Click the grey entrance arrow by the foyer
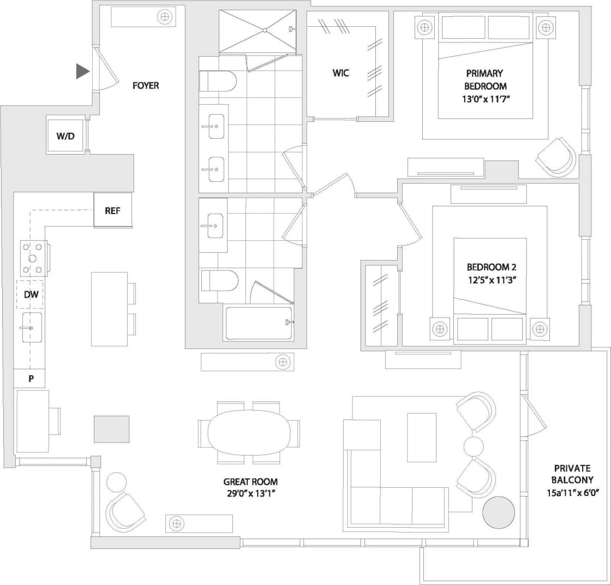click(82, 71)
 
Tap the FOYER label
click(146, 86)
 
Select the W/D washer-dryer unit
click(65, 135)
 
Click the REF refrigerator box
click(112, 210)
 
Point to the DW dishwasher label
click(31, 294)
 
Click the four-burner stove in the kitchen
click(33, 258)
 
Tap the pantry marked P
click(29, 379)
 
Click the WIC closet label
click(341, 73)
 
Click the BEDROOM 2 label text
click(491, 267)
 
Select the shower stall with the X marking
click(257, 31)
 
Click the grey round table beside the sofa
click(499, 512)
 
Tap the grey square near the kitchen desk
click(112, 429)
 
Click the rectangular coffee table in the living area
click(422, 437)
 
